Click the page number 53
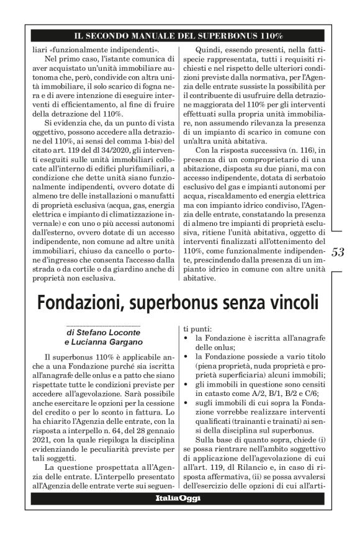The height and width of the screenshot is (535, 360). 340,252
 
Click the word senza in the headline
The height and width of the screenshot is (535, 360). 237,303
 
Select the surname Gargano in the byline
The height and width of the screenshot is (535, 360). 124,342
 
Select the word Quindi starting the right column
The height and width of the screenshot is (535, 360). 208,49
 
